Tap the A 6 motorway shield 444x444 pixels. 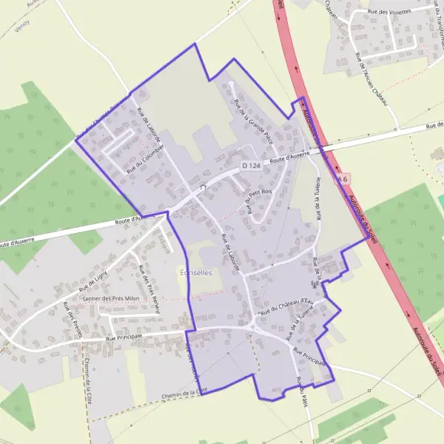[342, 179]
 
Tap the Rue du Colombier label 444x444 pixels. [145, 158]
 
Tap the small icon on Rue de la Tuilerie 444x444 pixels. [315, 284]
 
